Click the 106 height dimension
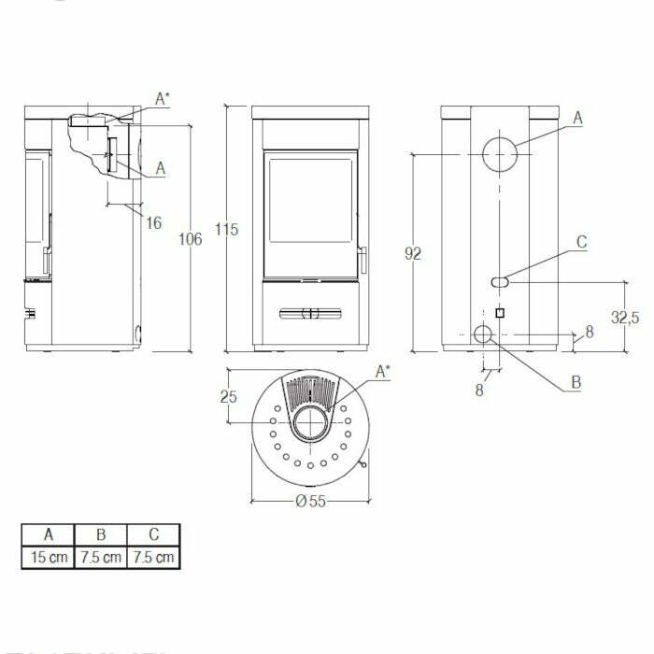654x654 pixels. [x=190, y=239]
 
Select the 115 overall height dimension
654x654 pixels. [x=227, y=229]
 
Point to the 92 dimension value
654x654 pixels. [x=414, y=253]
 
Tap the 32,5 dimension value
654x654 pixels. [x=625, y=318]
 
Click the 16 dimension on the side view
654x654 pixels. [x=154, y=222]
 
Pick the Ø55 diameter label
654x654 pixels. [x=310, y=501]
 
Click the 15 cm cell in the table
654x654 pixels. [x=48, y=558]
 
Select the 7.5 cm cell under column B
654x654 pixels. [x=100, y=558]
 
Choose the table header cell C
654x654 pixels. [x=152, y=535]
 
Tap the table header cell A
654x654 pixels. [x=48, y=535]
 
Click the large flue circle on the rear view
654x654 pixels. [x=500, y=155]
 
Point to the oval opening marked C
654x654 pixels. [x=500, y=280]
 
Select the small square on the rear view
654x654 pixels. [x=500, y=313]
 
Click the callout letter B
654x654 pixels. [x=576, y=382]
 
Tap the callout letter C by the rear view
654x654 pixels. [x=581, y=242]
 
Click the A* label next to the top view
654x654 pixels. [x=383, y=372]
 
